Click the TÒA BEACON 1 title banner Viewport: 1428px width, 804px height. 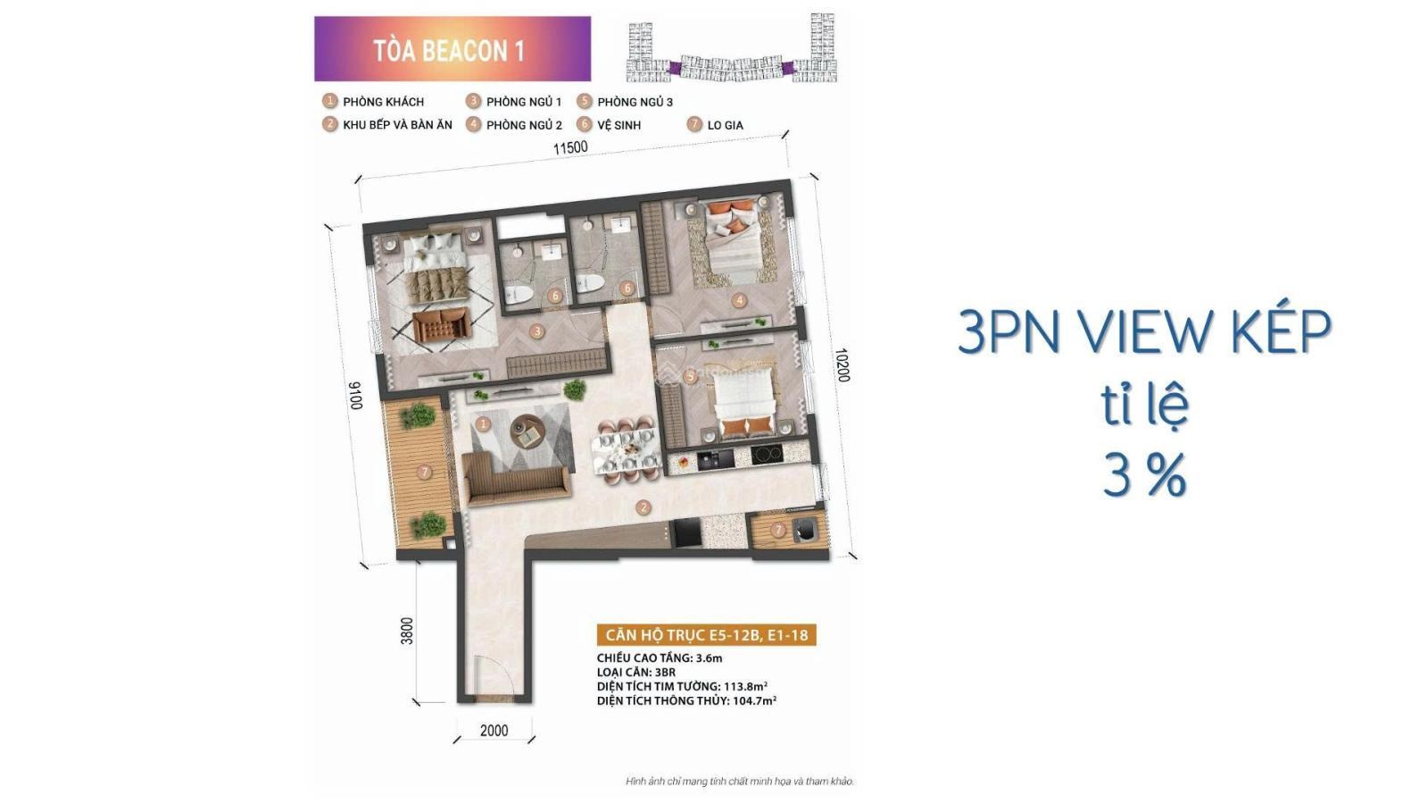click(x=452, y=49)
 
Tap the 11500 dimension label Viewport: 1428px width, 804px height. click(x=570, y=148)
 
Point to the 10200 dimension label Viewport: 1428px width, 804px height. click(x=843, y=365)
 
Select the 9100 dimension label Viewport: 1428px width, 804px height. click(x=355, y=396)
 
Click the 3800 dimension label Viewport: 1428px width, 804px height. click(x=407, y=631)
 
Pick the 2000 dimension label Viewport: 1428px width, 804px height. click(x=494, y=731)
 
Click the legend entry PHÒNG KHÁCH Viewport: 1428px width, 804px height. click(x=374, y=102)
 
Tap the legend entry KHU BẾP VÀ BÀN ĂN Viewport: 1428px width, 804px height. click(x=387, y=124)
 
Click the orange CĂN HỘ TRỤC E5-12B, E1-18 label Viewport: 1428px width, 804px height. click(x=706, y=635)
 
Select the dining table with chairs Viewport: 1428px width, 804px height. click(x=625, y=448)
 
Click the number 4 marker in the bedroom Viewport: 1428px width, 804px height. click(x=739, y=300)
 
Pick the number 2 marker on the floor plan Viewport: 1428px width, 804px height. click(x=643, y=508)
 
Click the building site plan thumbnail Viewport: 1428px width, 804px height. click(x=733, y=47)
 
